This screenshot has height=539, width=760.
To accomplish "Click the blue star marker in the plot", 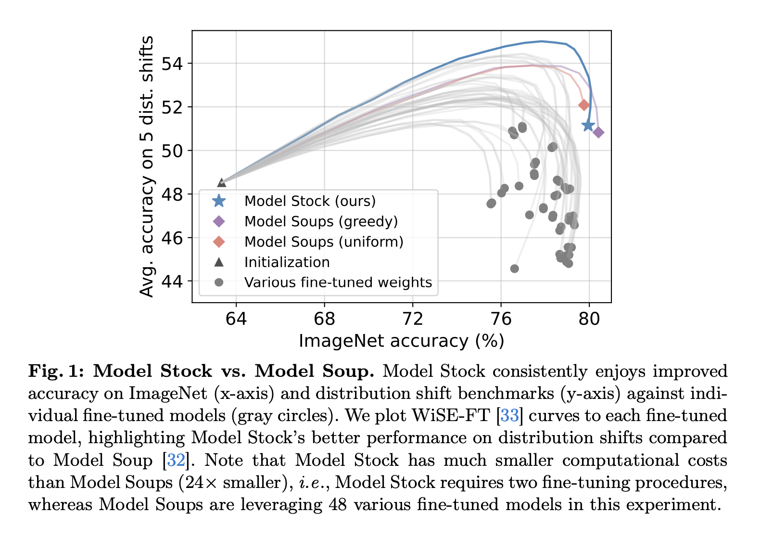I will pyautogui.click(x=588, y=126).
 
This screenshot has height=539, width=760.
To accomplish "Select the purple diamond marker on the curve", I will pyautogui.click(x=598, y=132).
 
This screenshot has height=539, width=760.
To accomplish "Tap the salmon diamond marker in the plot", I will pyautogui.click(x=583, y=105).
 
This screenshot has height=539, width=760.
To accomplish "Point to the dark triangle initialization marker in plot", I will pyautogui.click(x=222, y=183).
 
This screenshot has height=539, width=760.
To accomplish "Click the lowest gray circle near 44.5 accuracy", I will pyautogui.click(x=515, y=269).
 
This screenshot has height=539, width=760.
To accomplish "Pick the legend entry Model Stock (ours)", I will pyautogui.click(x=310, y=201).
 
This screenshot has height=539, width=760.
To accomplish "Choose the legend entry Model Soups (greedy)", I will pyautogui.click(x=321, y=221).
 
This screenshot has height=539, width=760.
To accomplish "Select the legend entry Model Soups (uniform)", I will pyautogui.click(x=324, y=242).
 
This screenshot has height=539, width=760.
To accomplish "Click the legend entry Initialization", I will pyautogui.click(x=287, y=262).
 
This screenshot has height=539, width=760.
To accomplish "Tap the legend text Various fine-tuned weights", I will pyautogui.click(x=338, y=282).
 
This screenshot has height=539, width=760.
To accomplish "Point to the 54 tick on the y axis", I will pyautogui.click(x=172, y=64).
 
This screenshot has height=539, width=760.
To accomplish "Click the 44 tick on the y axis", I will pyautogui.click(x=172, y=281).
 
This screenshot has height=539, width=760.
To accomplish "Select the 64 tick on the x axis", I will pyautogui.click(x=236, y=319).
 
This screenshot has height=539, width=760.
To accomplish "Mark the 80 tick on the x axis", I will pyautogui.click(x=589, y=319).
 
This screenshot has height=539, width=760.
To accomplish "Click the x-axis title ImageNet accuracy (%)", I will pyautogui.click(x=401, y=341).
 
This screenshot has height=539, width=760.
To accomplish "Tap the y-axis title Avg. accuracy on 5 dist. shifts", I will pyautogui.click(x=147, y=166).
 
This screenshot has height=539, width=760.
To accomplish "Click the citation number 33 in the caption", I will pyautogui.click(x=509, y=415).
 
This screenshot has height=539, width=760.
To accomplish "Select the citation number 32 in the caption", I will pyautogui.click(x=176, y=460).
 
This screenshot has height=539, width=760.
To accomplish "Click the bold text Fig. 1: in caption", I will pyautogui.click(x=56, y=371).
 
